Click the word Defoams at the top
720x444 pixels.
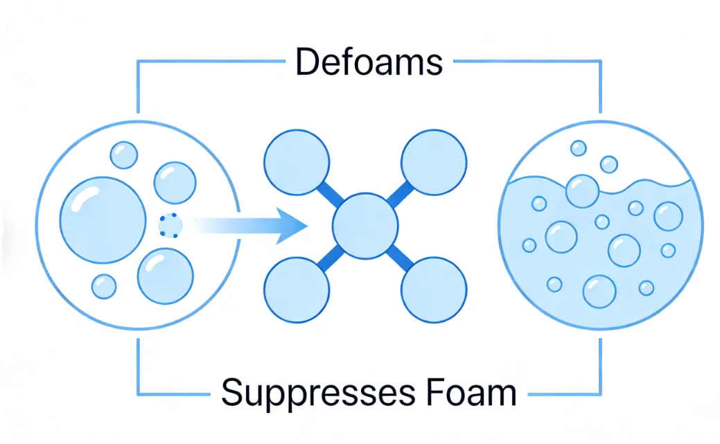click(369, 62)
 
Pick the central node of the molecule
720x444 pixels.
click(365, 226)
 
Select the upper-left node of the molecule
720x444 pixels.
click(296, 161)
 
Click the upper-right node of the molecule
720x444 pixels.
click(434, 161)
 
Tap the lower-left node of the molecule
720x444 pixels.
click(296, 290)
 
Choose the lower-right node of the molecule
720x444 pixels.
click(434, 290)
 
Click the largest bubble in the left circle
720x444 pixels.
click(103, 218)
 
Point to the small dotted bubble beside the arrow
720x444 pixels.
click(170, 226)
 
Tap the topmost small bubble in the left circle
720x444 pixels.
click(124, 155)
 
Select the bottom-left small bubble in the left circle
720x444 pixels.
click(104, 286)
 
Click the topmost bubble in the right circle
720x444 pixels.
click(578, 148)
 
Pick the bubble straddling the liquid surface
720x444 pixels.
click(582, 190)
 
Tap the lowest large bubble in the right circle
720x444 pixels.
click(599, 292)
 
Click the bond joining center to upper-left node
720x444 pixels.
click(330, 193)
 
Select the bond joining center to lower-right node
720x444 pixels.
click(400, 258)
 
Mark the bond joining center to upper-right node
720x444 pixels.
click(400, 193)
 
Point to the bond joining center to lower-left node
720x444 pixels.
click(330, 258)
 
